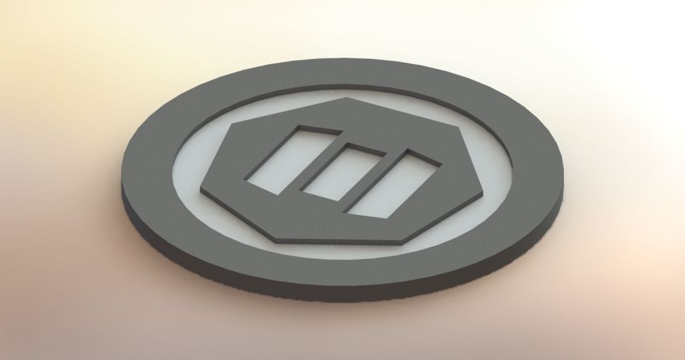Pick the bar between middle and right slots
(x=367, y=179)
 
